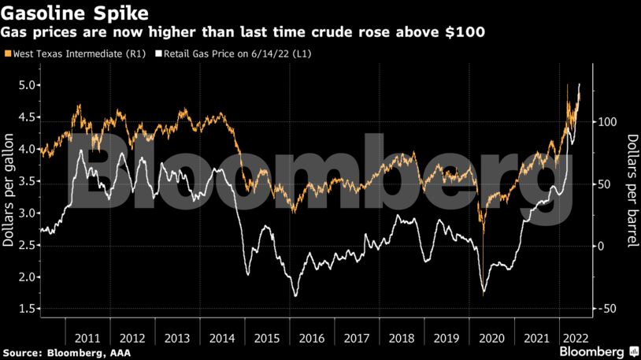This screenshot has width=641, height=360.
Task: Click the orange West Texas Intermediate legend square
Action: [8, 54]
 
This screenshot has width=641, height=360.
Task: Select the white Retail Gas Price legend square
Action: [158, 54]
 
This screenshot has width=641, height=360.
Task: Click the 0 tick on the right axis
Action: [599, 247]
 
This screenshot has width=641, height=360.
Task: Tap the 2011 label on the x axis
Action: [87, 338]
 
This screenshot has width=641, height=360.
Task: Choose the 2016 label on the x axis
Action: [312, 338]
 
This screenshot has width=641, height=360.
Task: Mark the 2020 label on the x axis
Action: [491, 338]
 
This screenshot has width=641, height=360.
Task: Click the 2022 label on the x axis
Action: [572, 338]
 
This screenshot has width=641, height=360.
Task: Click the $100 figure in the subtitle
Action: [466, 33]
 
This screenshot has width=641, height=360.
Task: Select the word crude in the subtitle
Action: [327, 33]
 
